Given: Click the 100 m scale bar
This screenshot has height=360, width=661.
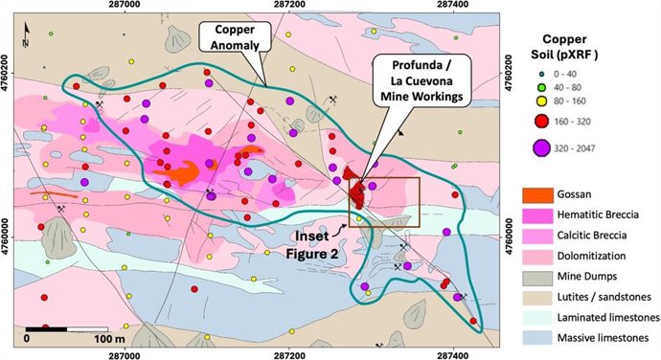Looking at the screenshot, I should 67,329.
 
